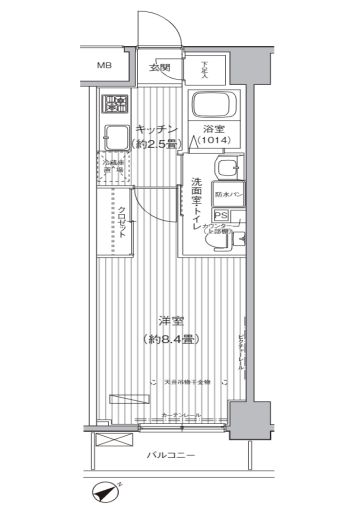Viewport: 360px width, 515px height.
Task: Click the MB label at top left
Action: pyautogui.click(x=104, y=67)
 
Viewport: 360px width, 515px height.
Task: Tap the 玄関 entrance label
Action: pyautogui.click(x=159, y=67)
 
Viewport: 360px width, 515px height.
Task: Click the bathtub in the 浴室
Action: pyautogui.click(x=211, y=104)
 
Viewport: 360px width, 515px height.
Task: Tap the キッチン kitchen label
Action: pyautogui.click(x=157, y=130)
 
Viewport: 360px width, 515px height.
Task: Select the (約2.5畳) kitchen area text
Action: pyautogui.click(x=157, y=144)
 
